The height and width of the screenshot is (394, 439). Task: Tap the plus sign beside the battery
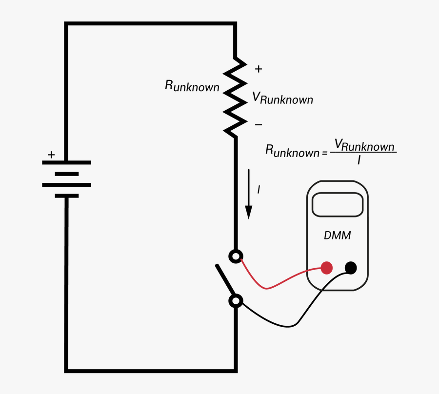pyautogui.click(x=51, y=155)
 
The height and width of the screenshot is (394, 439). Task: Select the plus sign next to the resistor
pyautogui.click(x=258, y=69)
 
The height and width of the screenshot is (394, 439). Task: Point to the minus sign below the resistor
pyautogui.click(x=258, y=125)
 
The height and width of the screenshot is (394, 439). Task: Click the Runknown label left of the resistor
pyautogui.click(x=192, y=86)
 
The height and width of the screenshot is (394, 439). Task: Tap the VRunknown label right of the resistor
pyautogui.click(x=282, y=98)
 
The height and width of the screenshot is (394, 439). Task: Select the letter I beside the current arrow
pyautogui.click(x=259, y=189)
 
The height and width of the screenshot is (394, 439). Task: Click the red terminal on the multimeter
pyautogui.click(x=327, y=267)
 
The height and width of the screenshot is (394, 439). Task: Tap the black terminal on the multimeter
pyautogui.click(x=351, y=267)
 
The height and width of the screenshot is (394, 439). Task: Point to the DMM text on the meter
pyautogui.click(x=338, y=236)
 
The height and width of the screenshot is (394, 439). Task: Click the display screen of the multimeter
pyautogui.click(x=338, y=204)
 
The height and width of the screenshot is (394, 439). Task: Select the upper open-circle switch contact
pyautogui.click(x=236, y=256)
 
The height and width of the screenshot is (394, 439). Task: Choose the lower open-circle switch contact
pyautogui.click(x=236, y=301)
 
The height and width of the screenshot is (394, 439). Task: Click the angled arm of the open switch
pyautogui.click(x=225, y=281)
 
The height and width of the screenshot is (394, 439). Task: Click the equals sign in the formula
pyautogui.click(x=325, y=153)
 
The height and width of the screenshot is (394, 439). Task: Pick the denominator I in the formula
pyautogui.click(x=359, y=159)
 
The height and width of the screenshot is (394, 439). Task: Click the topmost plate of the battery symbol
pyautogui.click(x=67, y=162)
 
